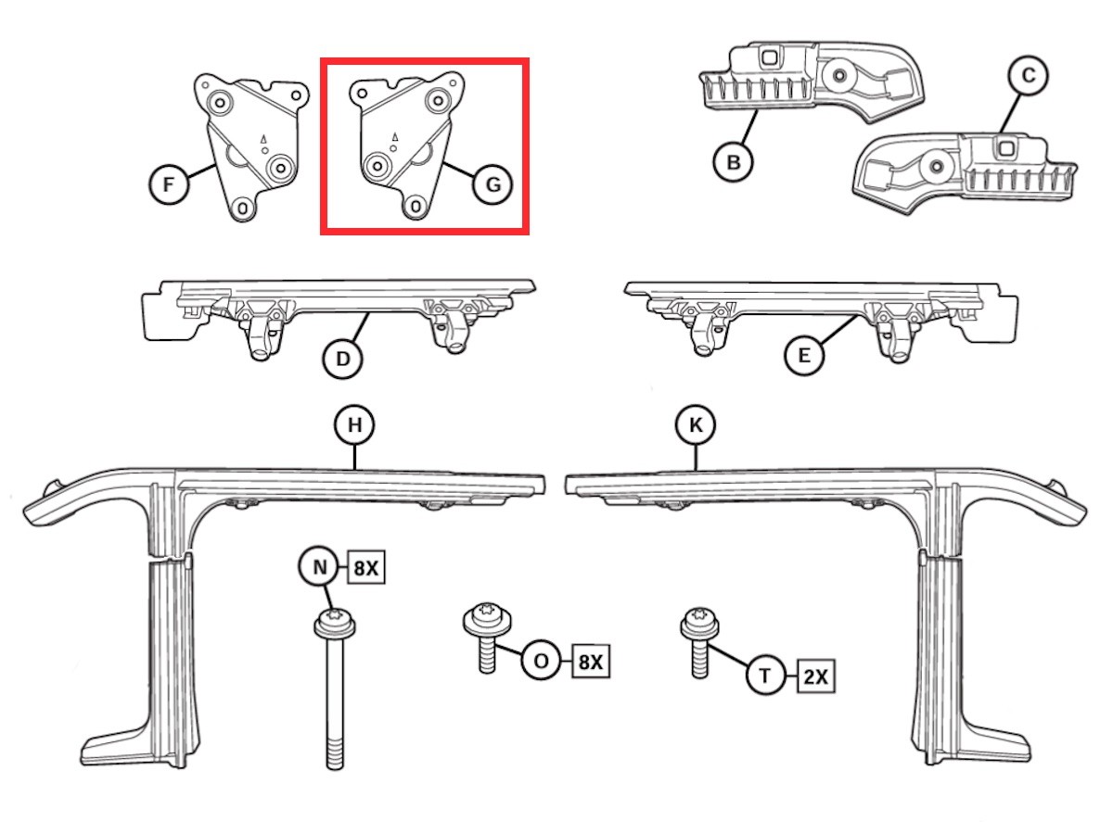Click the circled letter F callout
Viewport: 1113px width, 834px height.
coord(168,184)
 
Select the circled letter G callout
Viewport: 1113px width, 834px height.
coord(492,184)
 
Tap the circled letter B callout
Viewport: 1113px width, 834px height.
coord(733,162)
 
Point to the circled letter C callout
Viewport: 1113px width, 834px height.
coord(1028,76)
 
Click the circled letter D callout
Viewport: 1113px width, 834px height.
coord(343,358)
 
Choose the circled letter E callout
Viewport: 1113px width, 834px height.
coord(803,355)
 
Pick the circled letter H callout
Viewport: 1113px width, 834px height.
coord(354,425)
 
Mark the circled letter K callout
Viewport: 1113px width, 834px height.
coord(696,425)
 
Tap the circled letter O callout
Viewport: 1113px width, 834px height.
coord(541,662)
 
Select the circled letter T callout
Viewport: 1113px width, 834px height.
coord(765,676)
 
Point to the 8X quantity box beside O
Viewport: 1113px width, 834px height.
coord(591,663)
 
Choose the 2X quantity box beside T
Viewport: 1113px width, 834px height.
coord(815,676)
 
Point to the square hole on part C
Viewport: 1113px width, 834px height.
coord(1004,145)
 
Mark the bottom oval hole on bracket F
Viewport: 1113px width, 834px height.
coord(243,208)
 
